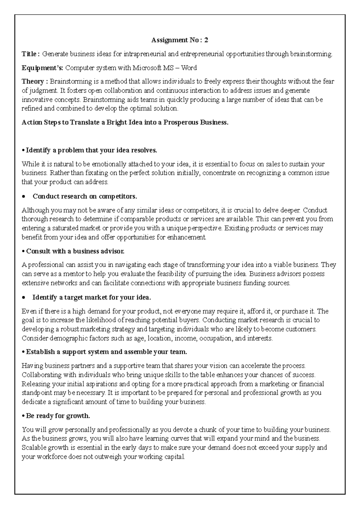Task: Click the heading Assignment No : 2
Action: coord(180,40)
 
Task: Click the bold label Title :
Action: coord(30,54)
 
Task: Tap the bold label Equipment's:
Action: coord(42,68)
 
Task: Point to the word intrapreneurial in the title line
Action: coord(145,54)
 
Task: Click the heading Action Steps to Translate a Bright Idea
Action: coord(125,122)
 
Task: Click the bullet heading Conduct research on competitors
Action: coord(85,196)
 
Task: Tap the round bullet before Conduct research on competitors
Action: coord(24,197)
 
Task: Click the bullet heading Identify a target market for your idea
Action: coord(91,297)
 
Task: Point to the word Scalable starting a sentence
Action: coord(34,448)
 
